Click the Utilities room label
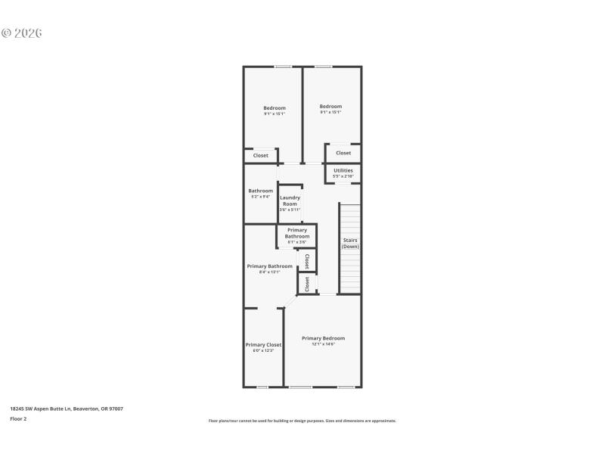[343, 170]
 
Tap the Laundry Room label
[290, 201]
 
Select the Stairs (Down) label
[350, 243]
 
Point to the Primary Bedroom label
[323, 338]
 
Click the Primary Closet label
[263, 344]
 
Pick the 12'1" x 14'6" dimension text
[323, 344]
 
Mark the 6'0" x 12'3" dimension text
[263, 350]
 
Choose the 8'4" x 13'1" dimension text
[269, 272]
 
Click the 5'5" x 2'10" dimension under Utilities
[343, 176]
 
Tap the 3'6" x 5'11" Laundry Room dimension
[290, 210]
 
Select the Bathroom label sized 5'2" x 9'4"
[261, 191]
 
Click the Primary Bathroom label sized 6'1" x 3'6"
[297, 233]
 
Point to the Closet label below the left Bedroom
[261, 156]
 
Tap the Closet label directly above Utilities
[343, 153]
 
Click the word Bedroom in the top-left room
[275, 108]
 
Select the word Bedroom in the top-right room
[330, 107]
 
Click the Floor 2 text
[18, 418]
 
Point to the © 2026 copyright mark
[21, 33]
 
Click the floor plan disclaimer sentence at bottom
[302, 421]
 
